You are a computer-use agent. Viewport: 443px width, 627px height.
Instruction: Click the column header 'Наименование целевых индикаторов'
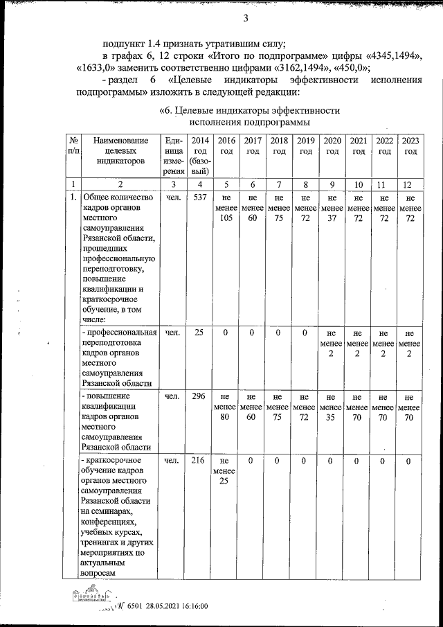tap(120, 150)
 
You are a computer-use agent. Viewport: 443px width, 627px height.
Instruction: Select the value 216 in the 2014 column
tap(199, 461)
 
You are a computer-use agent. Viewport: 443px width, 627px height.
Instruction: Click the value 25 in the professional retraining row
tap(199, 333)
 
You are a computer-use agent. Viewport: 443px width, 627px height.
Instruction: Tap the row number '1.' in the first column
tap(72, 197)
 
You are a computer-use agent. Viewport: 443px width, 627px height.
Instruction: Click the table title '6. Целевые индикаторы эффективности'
tap(250, 109)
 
